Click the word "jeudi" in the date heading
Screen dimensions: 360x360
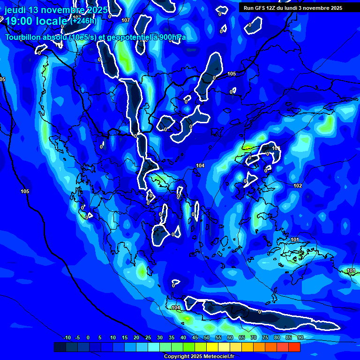(x=15, y=10)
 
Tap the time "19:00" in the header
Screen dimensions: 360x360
(x=19, y=21)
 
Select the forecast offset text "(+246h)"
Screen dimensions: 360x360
(x=83, y=21)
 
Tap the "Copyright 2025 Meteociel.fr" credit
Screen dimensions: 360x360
(x=199, y=356)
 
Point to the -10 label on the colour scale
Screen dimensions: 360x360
(x=67, y=337)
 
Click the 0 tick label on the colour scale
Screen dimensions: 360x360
(x=88, y=337)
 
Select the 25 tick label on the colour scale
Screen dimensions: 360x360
(x=148, y=337)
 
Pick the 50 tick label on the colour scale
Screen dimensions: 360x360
(x=207, y=337)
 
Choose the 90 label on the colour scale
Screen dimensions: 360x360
(x=300, y=337)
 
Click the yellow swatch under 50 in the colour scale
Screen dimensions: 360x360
(x=212, y=347)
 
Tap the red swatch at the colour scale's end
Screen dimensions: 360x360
(x=294, y=347)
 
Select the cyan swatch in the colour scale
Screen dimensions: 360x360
(x=154, y=347)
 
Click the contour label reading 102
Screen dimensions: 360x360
(x=298, y=186)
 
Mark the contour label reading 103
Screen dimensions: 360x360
(x=276, y=149)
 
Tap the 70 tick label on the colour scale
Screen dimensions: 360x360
(x=254, y=337)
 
